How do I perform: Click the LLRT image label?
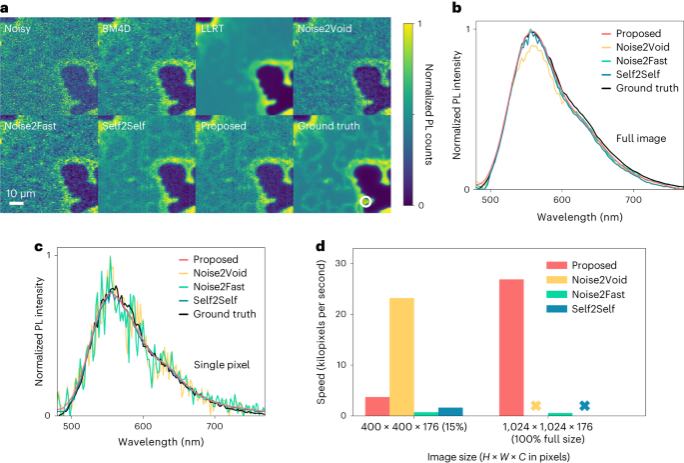tap(212, 31)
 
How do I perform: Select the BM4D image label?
tap(117, 31)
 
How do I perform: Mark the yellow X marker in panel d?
tap(535, 406)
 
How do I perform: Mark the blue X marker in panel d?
tap(584, 406)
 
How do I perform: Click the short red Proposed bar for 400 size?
tap(377, 406)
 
